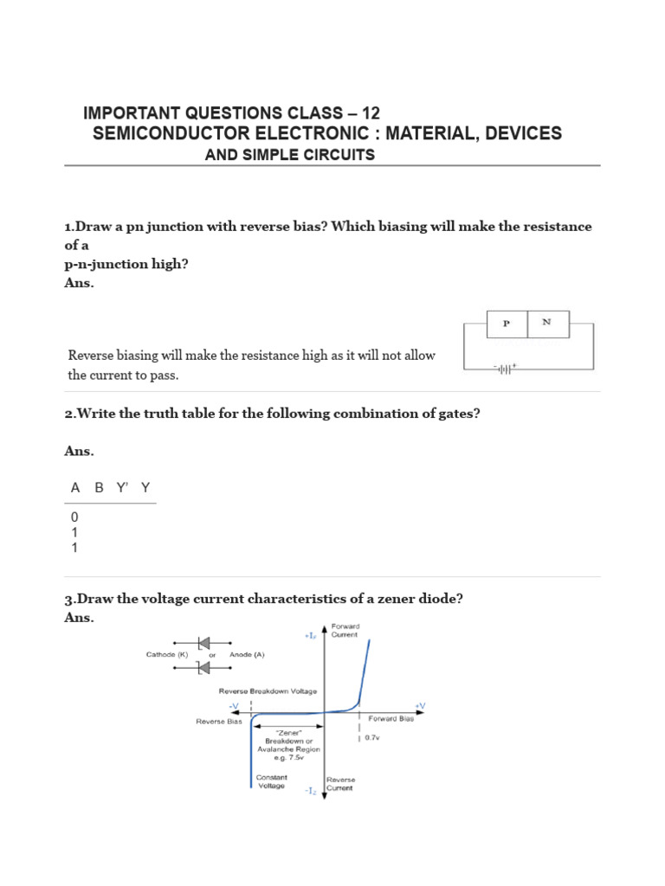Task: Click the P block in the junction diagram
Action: tap(507, 324)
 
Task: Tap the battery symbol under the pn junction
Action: tap(505, 369)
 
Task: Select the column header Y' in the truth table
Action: tap(121, 488)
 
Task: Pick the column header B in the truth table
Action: tap(99, 488)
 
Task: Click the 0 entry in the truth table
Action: tap(74, 517)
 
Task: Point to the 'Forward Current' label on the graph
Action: tap(345, 629)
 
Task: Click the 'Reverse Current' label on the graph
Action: tap(339, 784)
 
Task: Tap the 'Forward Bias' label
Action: tap(391, 718)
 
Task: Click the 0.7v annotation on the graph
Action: tap(372, 738)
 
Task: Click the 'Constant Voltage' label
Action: tap(271, 781)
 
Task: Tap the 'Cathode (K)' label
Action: tap(167, 655)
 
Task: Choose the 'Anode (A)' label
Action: tap(248, 655)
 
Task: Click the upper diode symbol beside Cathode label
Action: tap(204, 643)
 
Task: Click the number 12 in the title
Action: tap(370, 113)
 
